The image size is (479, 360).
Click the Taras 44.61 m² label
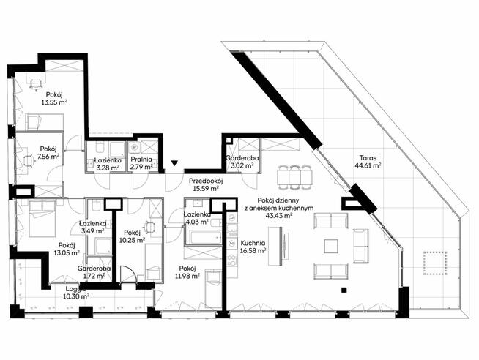pos(368,162)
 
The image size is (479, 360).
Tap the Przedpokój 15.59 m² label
pos(206,184)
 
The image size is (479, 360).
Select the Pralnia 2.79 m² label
pos(141,163)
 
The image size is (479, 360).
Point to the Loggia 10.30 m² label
pos(76,292)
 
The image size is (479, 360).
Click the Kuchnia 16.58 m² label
pos(253,247)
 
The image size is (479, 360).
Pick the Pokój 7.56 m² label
pos(49,153)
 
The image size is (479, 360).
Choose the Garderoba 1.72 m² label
pos(94,272)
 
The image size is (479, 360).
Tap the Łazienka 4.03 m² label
pos(197,218)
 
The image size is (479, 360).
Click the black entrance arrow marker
pos(174,163)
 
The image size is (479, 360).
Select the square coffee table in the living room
pos(331,246)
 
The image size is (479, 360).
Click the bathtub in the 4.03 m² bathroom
pos(203,237)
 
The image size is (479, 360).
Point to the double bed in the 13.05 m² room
pos(42,219)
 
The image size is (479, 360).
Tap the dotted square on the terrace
pos(435,263)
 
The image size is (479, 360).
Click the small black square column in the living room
pos(344,290)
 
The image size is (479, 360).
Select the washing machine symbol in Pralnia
pos(134,148)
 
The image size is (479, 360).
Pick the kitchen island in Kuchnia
pos(275,246)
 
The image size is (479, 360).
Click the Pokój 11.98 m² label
pos(187,272)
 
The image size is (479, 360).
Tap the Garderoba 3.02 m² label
pos(242,162)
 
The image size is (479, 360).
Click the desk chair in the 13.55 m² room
pos(36,84)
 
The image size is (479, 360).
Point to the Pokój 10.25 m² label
pos(133,236)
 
